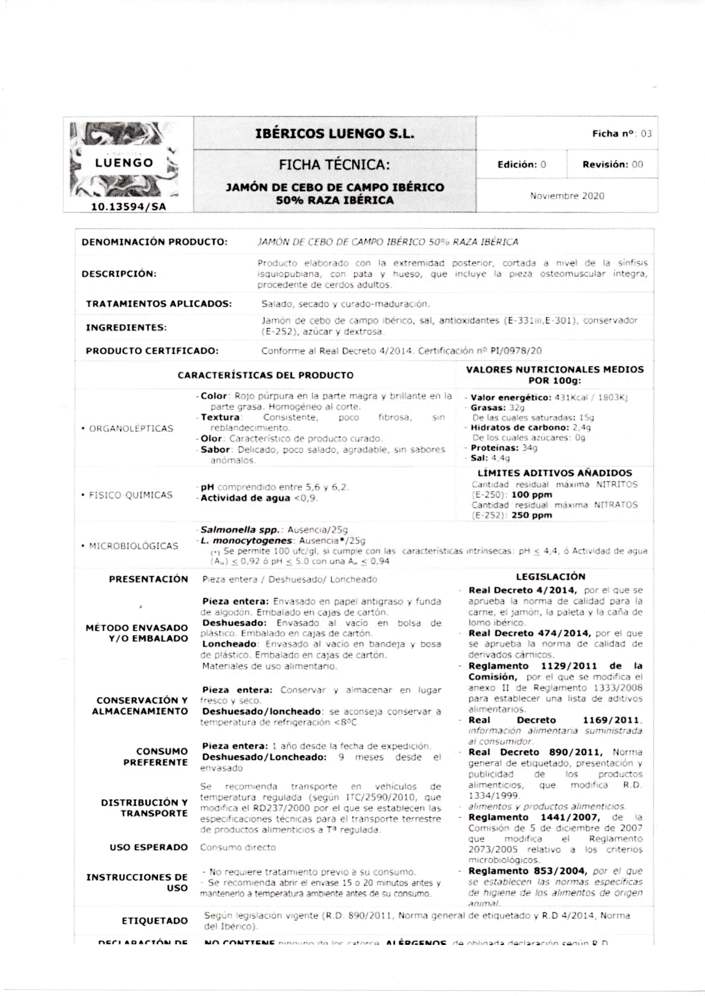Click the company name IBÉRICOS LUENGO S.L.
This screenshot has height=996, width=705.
(x=335, y=134)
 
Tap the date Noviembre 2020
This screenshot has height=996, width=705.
(x=567, y=196)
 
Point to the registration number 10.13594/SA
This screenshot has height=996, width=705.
(x=129, y=207)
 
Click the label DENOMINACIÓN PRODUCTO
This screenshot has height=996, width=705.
(x=155, y=242)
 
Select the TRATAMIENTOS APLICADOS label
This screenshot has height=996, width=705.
(x=158, y=304)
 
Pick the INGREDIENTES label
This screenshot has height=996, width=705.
(x=126, y=328)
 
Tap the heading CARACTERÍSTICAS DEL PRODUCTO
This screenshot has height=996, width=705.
(x=265, y=375)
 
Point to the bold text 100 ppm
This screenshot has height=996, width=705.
(x=532, y=495)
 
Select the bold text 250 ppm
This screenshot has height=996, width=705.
(x=532, y=516)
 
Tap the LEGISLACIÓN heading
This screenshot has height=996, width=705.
(x=550, y=576)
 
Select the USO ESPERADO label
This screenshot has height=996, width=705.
(x=148, y=847)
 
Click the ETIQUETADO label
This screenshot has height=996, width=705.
(x=155, y=920)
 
